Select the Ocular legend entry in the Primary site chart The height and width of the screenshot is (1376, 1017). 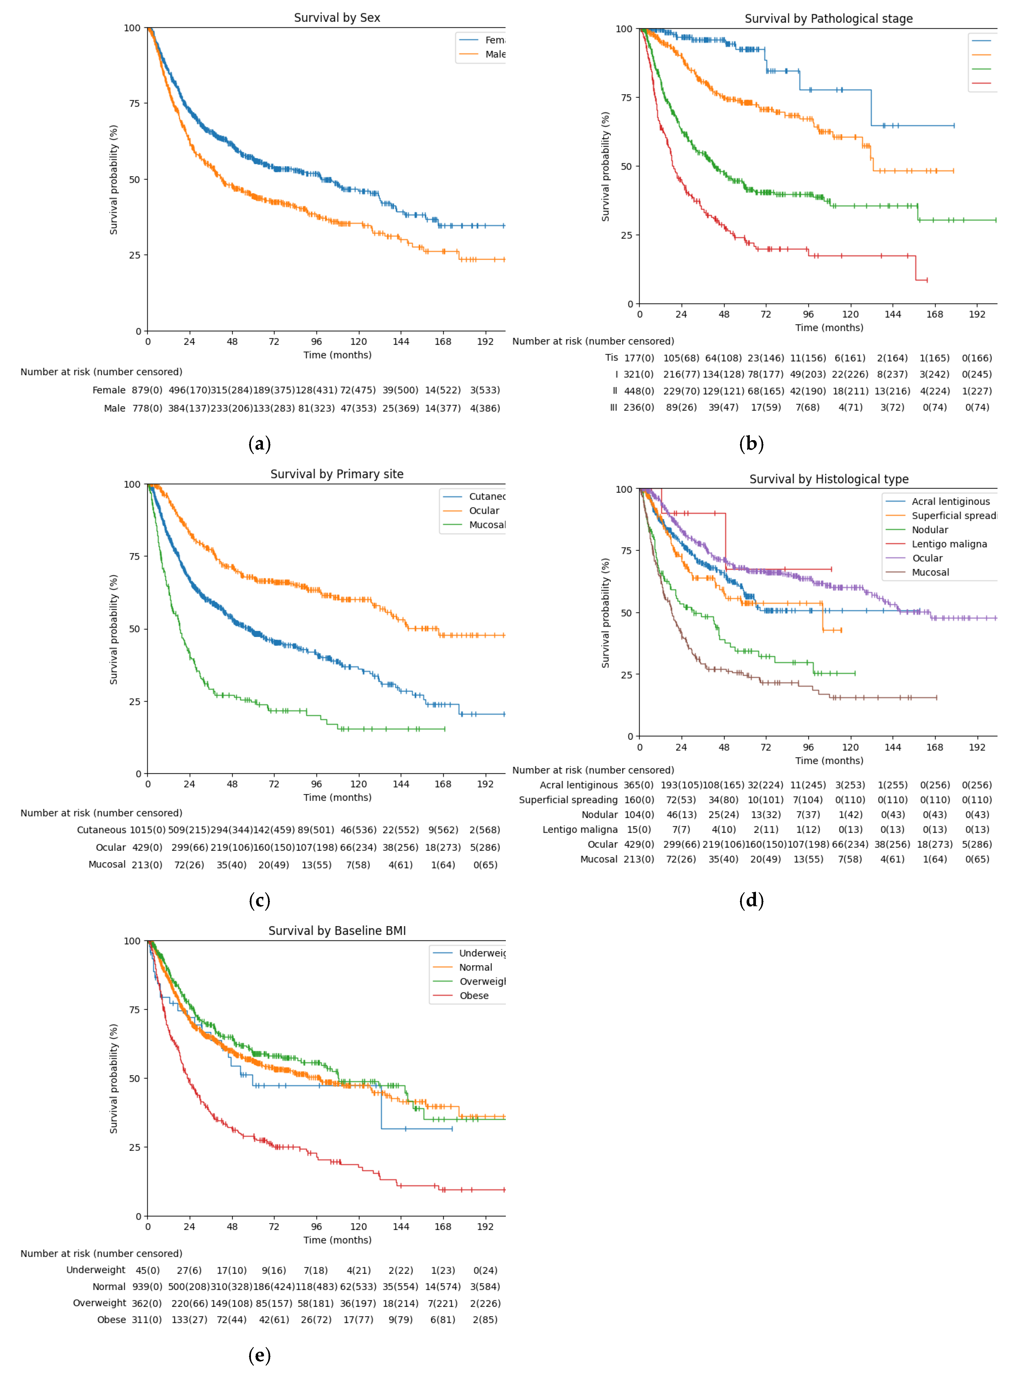pos(484,511)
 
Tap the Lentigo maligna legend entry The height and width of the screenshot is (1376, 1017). pos(949,544)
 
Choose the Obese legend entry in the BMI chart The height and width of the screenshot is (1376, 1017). pos(474,995)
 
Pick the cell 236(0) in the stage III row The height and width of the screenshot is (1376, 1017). pos(638,407)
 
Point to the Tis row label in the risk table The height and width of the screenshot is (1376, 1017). pos(611,357)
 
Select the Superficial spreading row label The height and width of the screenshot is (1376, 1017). pos(567,799)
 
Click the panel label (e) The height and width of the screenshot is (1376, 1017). pos(259,1355)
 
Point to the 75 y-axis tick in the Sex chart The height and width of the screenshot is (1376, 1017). pos(134,103)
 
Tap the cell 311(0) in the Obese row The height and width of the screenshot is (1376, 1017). pos(147,1319)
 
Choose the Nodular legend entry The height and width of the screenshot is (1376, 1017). pos(930,530)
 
